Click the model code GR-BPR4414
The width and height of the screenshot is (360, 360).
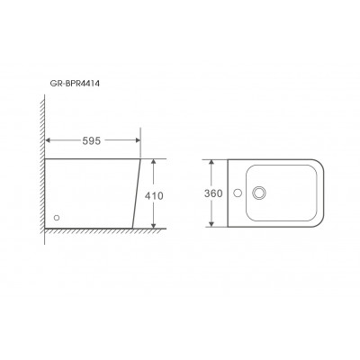(x=75, y=84)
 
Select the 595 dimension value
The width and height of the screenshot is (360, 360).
(x=92, y=140)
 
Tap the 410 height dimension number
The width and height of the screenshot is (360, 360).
(x=154, y=196)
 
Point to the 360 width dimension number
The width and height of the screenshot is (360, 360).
(x=213, y=193)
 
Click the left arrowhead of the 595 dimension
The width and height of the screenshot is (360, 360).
(x=48, y=140)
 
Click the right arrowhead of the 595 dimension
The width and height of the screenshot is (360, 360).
(x=138, y=140)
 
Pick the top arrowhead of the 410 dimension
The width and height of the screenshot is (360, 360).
(x=154, y=161)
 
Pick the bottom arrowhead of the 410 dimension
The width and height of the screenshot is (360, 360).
(x=154, y=226)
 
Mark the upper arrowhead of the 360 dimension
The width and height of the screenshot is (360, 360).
(x=211, y=162)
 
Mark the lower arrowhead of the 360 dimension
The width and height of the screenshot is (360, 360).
(x=211, y=224)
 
